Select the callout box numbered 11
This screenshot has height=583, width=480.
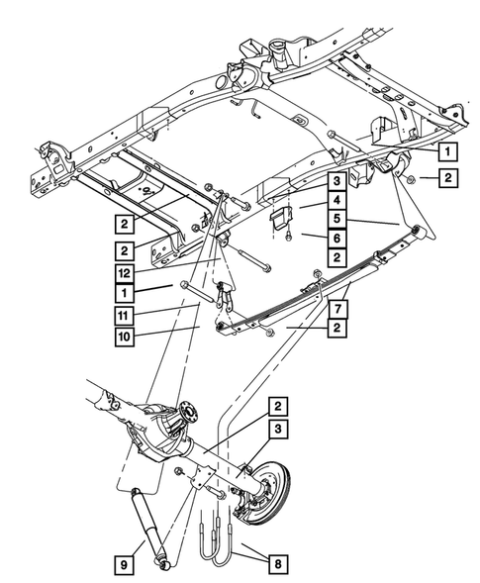pos(124,315)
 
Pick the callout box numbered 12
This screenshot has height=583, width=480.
pos(124,272)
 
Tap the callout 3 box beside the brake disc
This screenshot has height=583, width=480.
pos(278,427)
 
